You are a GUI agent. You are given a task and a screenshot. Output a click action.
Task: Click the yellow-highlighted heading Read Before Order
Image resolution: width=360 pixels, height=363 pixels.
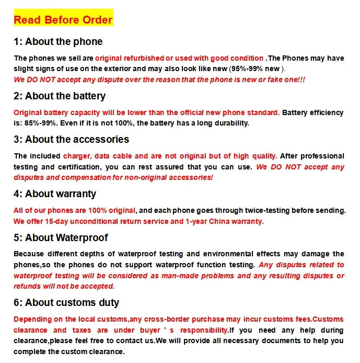click(63, 20)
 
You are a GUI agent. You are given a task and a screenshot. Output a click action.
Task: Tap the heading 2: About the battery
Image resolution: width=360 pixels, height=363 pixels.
click(60, 96)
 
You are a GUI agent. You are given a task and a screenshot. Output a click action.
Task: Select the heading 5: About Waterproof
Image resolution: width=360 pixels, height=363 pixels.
click(61, 237)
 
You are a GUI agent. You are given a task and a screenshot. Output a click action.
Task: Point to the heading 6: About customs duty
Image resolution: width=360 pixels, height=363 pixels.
click(66, 302)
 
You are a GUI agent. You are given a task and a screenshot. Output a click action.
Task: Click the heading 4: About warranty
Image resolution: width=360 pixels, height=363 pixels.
click(55, 194)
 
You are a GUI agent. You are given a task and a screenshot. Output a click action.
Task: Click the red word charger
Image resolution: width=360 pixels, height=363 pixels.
click(76, 156)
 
